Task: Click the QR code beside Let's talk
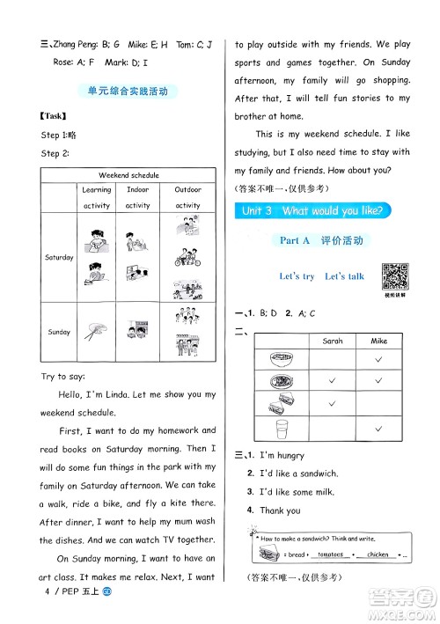[x=395, y=277]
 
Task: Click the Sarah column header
[x=333, y=340]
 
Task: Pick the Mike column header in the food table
[x=378, y=340]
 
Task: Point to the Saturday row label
[x=59, y=257]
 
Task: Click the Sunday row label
[x=59, y=332]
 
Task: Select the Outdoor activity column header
[x=187, y=197]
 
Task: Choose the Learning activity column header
[x=97, y=197]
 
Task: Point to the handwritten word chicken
[x=377, y=554]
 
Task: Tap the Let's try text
[x=297, y=276]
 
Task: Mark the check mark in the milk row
[x=378, y=428]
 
